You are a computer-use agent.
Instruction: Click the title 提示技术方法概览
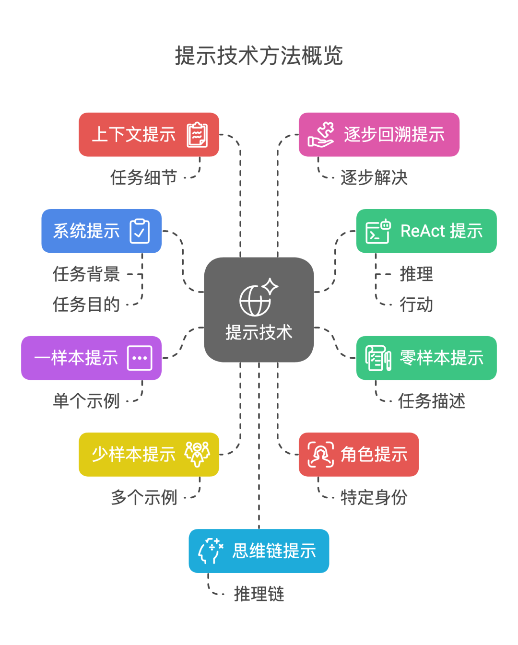(259, 56)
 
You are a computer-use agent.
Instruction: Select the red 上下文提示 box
(149, 135)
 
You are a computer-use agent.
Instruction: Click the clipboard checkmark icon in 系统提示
(140, 231)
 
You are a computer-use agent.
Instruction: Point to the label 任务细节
(143, 177)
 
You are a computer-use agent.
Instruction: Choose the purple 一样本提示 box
(91, 358)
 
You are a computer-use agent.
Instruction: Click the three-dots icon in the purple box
(140, 358)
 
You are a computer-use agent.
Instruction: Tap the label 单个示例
(86, 401)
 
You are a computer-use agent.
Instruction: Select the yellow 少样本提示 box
(149, 455)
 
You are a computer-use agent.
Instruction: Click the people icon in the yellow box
(198, 454)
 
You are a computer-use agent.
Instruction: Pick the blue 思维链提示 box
(259, 551)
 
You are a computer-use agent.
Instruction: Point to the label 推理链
(259, 594)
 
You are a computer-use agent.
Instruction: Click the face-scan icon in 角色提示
(320, 455)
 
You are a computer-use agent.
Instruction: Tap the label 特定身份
(374, 498)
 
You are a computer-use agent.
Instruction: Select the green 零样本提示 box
(426, 358)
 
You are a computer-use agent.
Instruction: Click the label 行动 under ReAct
(416, 305)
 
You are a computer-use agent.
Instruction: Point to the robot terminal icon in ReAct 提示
(378, 231)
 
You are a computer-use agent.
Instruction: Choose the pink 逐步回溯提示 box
(379, 135)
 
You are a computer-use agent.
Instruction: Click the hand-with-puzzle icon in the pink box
(321, 135)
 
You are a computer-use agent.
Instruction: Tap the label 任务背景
(86, 274)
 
